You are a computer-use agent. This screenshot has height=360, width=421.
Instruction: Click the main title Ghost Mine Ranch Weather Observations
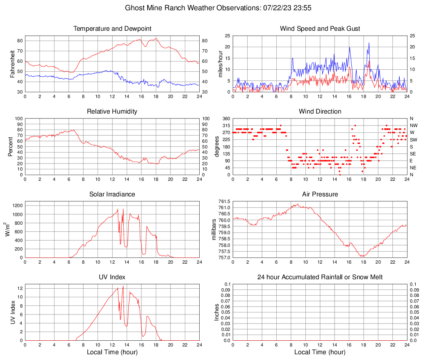point(210,8)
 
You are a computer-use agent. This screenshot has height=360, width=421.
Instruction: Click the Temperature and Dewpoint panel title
point(112,29)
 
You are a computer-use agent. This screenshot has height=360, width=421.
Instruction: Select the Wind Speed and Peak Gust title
point(320,29)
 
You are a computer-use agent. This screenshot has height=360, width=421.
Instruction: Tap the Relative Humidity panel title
point(112,112)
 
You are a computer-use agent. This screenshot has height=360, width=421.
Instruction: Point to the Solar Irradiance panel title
point(112,194)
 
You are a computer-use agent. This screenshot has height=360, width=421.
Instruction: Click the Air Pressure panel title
point(320,194)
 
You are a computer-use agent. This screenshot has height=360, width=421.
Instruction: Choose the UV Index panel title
point(112,277)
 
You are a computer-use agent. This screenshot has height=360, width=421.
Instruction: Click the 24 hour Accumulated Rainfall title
point(320,277)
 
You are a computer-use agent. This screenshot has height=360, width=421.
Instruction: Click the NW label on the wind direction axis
point(414,125)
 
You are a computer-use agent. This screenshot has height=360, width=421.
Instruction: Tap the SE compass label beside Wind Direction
point(413,154)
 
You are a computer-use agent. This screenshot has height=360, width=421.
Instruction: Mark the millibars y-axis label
point(214,230)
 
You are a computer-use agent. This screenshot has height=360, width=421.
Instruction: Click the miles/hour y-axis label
point(220,64)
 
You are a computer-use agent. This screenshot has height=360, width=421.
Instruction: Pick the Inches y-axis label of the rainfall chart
point(217,312)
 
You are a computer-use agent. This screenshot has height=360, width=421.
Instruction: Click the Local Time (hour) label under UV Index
point(112,352)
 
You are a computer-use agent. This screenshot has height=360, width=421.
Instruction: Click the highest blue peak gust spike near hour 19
point(369,43)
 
